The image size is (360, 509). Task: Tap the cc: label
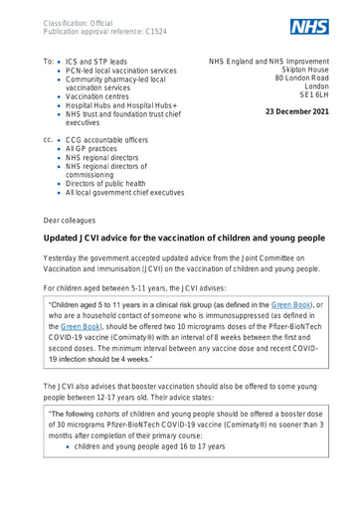47,152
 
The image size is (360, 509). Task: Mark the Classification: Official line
72,18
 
